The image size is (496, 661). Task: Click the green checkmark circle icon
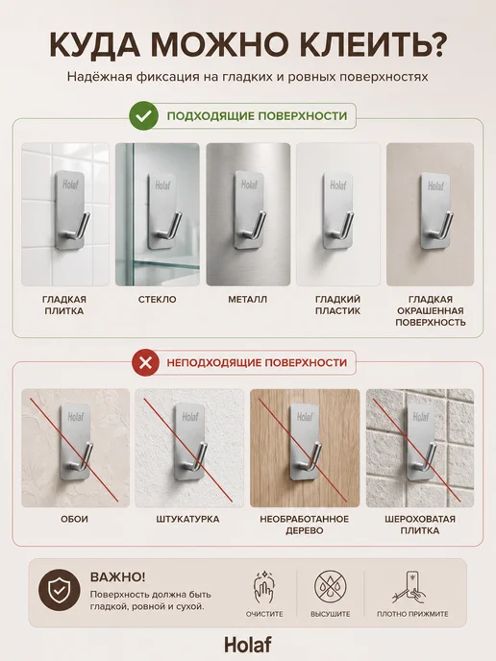tap(144, 115)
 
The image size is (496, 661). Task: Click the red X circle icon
tap(145, 362)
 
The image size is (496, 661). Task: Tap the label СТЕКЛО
tap(158, 300)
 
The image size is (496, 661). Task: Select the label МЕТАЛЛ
tap(248, 300)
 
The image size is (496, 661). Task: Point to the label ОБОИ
tap(74, 519)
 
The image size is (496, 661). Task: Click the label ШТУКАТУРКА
tap(187, 519)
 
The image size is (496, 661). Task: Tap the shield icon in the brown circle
tap(59, 590)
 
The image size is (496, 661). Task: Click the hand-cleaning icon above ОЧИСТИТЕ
tap(264, 587)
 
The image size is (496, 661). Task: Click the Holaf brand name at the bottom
tap(248, 645)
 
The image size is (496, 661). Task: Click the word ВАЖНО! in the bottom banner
tap(117, 576)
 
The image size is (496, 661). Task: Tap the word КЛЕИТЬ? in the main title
tap(372, 45)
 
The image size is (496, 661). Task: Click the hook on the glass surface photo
tap(163, 210)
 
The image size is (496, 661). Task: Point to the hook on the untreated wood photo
tap(304, 442)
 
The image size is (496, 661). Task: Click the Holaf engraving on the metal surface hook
tap(249, 184)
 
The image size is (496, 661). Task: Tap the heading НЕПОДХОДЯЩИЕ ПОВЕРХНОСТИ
tap(257, 362)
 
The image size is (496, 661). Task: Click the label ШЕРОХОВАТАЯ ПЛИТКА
tap(420, 525)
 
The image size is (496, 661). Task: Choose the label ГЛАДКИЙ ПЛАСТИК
tap(337, 306)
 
